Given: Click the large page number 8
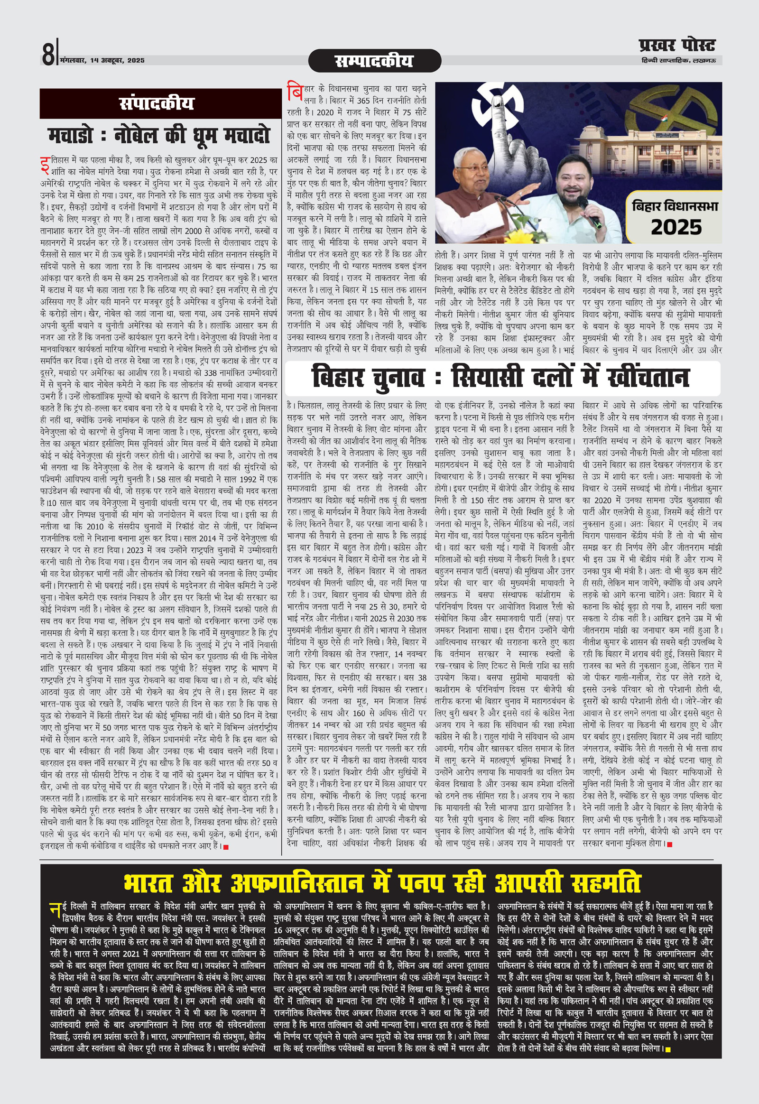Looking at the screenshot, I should pos(48,54).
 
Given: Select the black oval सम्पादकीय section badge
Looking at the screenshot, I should pos(374,61).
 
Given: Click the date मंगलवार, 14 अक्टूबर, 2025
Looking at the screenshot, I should pos(102,61).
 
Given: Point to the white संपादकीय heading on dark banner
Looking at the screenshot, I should pos(157,103).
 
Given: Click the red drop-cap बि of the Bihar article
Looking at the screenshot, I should pos(295,91).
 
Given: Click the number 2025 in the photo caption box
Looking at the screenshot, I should pos(676,227).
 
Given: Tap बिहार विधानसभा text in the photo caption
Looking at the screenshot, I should pos(675,206).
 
